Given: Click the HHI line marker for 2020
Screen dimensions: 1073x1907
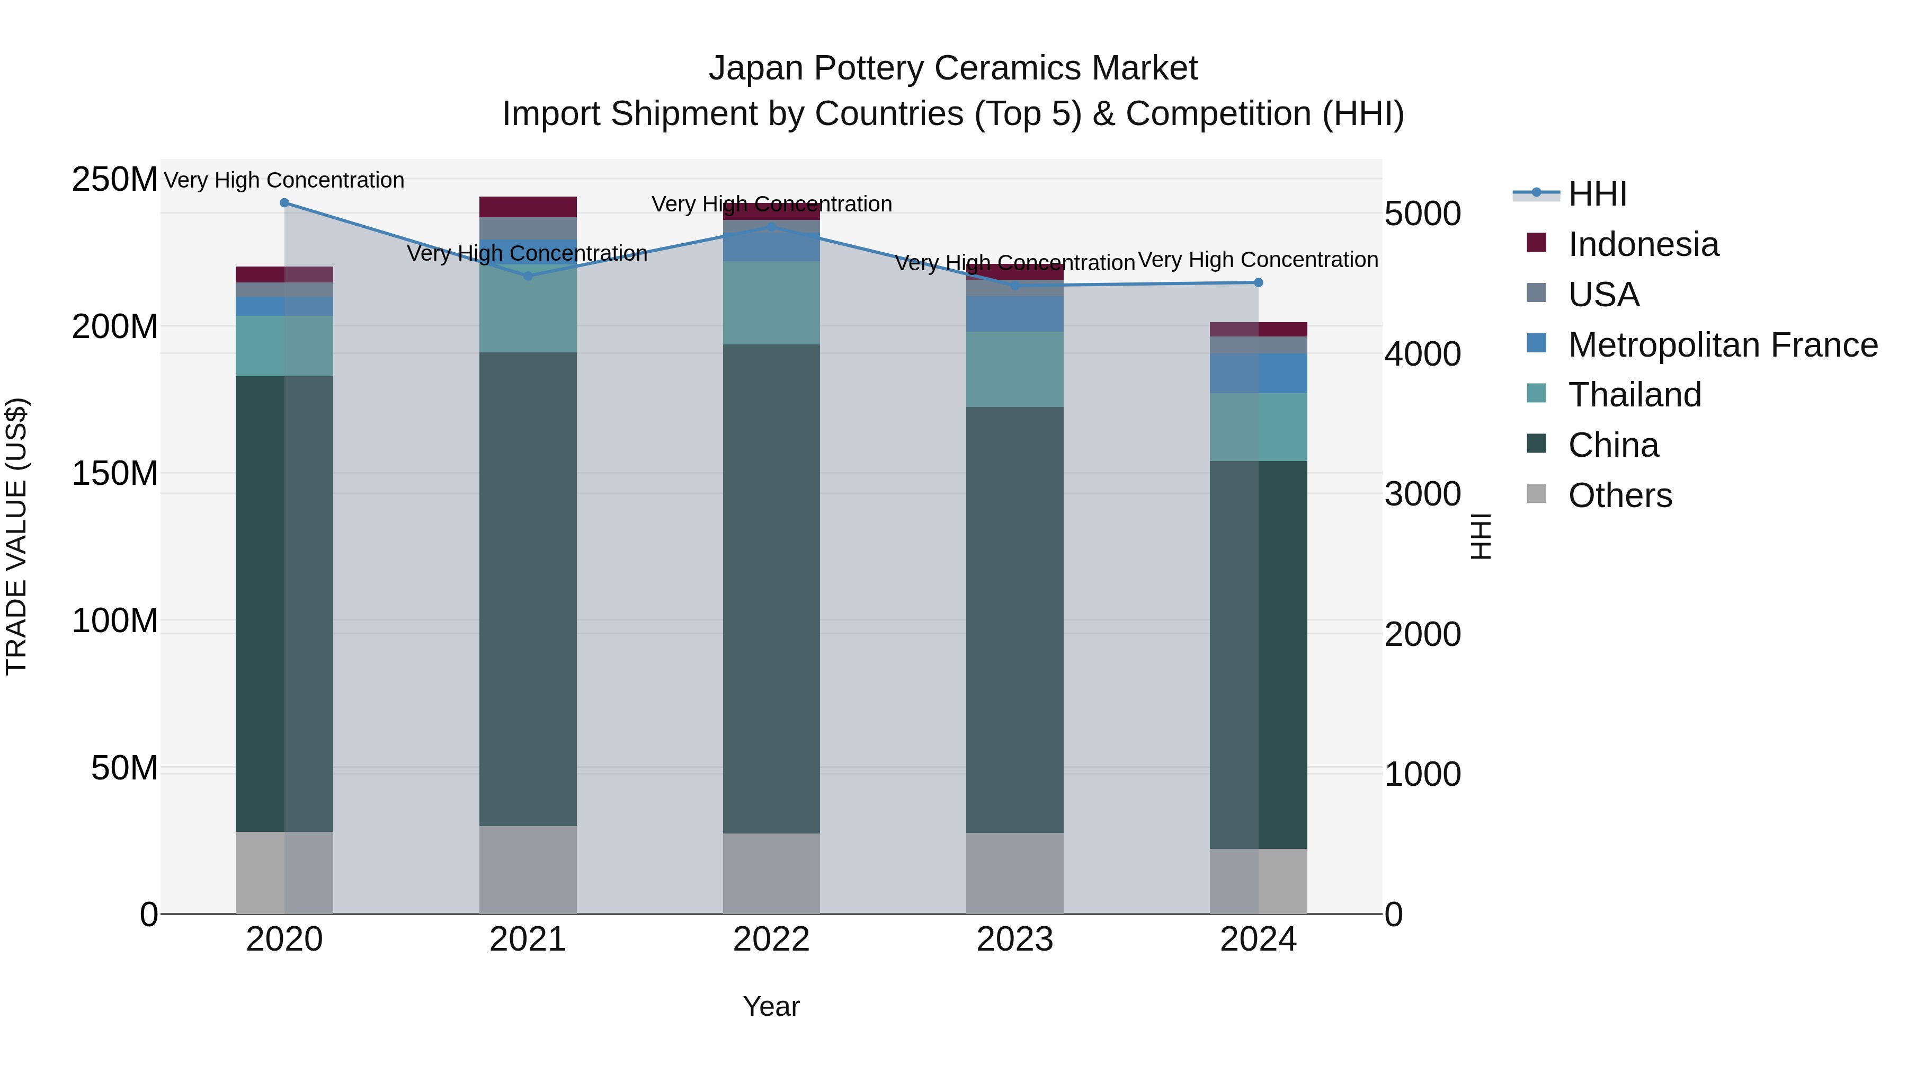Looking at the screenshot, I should tap(284, 203).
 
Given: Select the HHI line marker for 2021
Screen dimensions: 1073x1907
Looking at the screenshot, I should tap(528, 276).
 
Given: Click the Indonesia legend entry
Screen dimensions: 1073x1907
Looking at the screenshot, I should tap(1643, 244).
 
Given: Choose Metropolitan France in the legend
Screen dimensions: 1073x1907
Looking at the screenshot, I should tap(1722, 345).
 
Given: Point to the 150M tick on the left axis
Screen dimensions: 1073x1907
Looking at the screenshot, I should tap(115, 473).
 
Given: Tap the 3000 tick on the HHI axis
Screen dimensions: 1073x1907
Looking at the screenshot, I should tap(1422, 494).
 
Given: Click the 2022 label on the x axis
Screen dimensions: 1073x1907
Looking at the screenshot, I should tap(771, 939).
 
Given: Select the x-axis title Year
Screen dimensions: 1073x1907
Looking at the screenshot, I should tap(771, 1006).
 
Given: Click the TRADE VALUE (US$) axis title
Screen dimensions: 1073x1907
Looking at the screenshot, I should tap(16, 536).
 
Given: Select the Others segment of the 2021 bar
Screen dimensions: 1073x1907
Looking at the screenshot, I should tap(528, 870).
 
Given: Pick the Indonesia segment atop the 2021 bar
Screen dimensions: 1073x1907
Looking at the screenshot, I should tap(528, 207).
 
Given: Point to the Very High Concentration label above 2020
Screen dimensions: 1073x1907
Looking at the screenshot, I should tap(284, 181).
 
